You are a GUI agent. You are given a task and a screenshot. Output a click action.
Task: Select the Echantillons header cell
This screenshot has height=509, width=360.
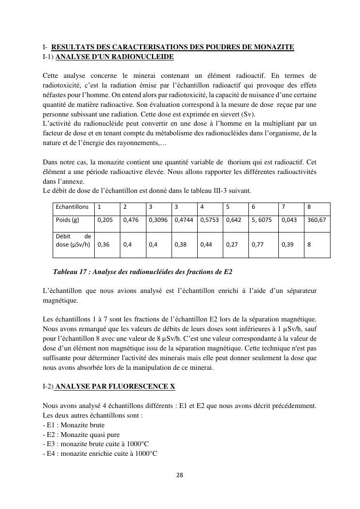click(72, 207)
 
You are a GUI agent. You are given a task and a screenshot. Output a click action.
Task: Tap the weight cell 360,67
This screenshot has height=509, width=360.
click(316, 219)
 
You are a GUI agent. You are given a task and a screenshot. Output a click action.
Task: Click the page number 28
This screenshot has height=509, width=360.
click(180, 475)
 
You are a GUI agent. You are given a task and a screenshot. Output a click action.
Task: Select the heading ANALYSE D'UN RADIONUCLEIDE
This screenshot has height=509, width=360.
click(115, 57)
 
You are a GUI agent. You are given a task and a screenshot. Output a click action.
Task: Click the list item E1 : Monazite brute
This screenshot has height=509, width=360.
click(73, 425)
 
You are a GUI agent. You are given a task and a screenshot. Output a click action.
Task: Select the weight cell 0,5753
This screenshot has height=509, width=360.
click(209, 219)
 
